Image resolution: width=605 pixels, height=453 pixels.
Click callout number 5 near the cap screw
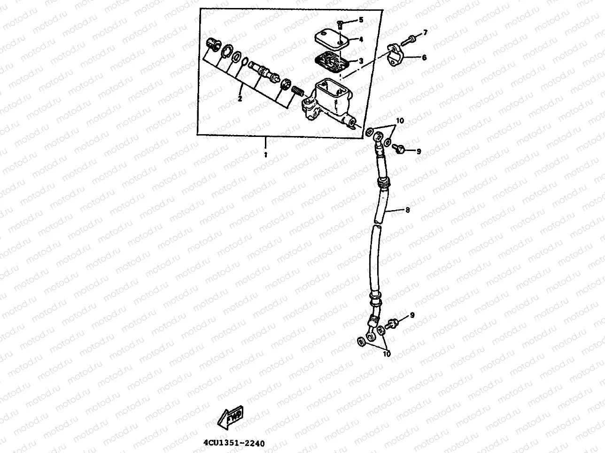(x=361, y=20)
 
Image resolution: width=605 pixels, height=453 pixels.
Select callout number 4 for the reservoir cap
(x=361, y=40)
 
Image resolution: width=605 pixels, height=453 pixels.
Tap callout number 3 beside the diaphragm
(x=361, y=61)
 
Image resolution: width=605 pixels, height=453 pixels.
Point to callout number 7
(x=425, y=32)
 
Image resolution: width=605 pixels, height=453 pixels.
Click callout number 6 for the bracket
(x=424, y=57)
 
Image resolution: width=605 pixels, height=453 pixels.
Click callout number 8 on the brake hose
(x=407, y=210)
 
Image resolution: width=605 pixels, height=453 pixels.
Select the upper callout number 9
(x=419, y=151)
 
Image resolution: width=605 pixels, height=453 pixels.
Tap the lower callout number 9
(x=412, y=315)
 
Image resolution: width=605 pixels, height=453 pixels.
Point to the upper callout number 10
(x=399, y=121)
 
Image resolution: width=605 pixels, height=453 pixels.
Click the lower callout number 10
(x=387, y=354)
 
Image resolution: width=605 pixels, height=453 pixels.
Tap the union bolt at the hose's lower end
(x=391, y=324)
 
